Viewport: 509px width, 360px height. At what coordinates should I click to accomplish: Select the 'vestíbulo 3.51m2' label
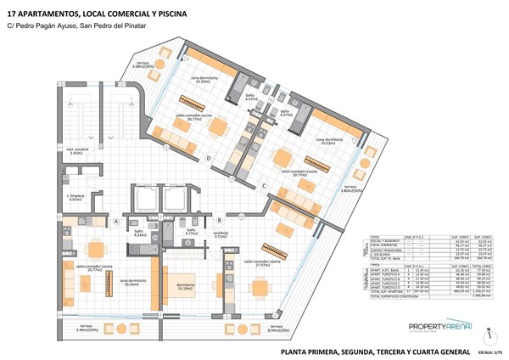221,234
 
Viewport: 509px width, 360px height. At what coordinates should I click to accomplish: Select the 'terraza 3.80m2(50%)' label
350,188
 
